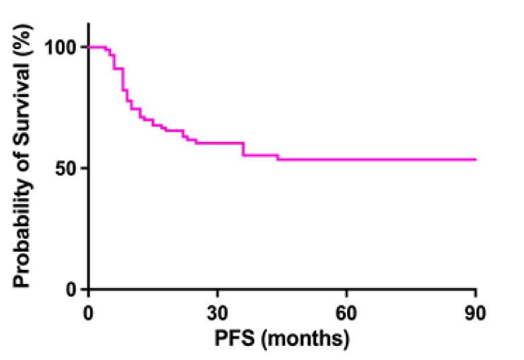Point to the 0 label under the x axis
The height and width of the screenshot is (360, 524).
88,312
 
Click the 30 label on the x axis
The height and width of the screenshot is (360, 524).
217,312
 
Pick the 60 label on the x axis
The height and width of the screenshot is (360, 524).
346,312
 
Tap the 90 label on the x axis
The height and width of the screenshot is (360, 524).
476,312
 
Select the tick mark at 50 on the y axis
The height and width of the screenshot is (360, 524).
83,168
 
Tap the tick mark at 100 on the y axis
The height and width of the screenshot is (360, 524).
83,47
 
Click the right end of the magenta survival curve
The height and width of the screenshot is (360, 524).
476,159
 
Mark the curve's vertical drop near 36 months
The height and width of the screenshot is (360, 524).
244,149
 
